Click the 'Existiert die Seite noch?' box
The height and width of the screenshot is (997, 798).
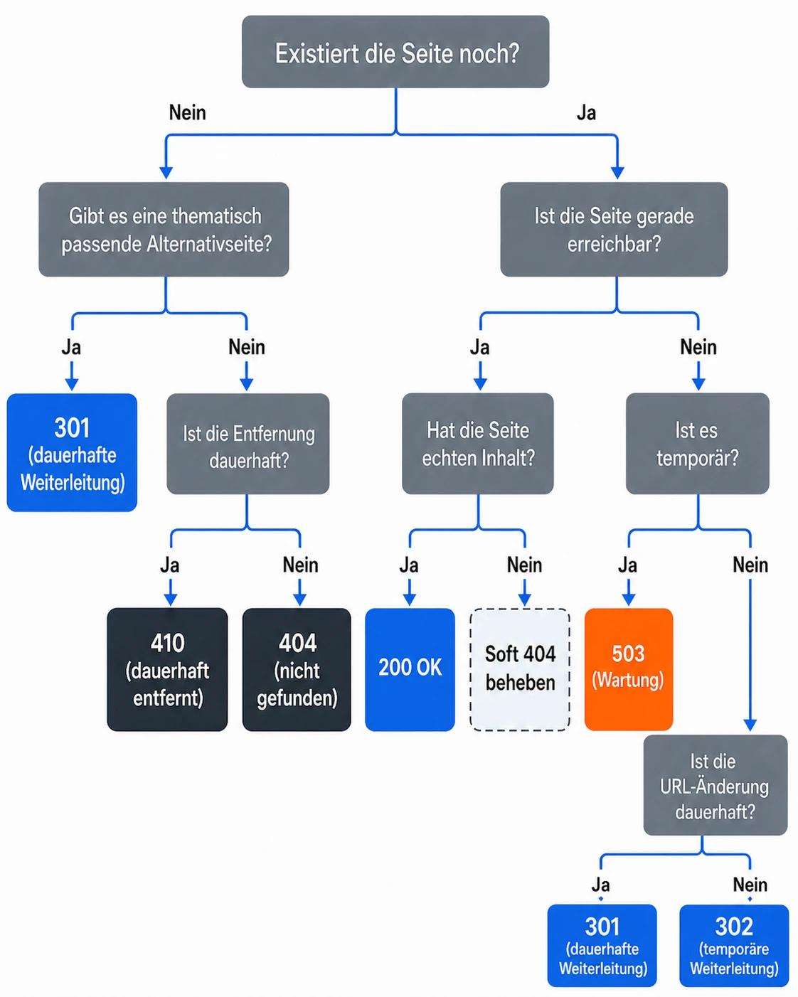click(395, 52)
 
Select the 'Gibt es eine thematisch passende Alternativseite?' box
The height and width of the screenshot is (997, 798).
click(164, 230)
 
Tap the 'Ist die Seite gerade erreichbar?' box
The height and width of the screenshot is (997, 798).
click(614, 230)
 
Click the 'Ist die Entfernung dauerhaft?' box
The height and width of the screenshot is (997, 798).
click(248, 444)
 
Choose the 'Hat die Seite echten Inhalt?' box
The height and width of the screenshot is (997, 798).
click(477, 444)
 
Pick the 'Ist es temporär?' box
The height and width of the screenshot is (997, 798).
click(697, 444)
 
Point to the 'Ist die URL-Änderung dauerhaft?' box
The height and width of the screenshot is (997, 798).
click(715, 786)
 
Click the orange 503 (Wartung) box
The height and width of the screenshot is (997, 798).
click(628, 669)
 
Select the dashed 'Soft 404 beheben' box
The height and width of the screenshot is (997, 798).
click(520, 669)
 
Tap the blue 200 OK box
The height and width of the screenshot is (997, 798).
click(410, 669)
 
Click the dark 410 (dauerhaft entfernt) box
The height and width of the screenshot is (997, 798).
click(167, 669)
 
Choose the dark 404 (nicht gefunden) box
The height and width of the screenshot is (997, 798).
click(297, 669)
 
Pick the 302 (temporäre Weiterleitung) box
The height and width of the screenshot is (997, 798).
click(734, 946)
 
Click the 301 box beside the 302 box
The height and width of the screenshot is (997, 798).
click(602, 946)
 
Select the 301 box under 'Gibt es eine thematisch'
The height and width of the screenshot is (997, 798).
click(72, 453)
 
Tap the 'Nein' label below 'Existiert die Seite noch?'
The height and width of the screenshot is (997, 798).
click(187, 112)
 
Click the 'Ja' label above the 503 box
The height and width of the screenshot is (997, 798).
click(627, 565)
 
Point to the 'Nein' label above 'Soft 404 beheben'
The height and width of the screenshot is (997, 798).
click(524, 565)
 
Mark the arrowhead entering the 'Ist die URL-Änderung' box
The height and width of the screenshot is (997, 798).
click(750, 725)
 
